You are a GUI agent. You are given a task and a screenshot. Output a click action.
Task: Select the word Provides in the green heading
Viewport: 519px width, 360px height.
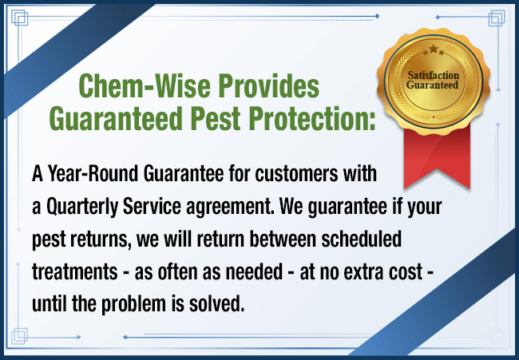(269, 85)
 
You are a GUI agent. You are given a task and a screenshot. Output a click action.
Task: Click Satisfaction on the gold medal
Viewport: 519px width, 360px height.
(434, 76)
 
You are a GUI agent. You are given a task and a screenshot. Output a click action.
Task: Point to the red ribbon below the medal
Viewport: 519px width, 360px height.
(437, 155)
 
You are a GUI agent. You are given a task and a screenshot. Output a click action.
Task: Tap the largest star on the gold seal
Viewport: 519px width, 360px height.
(434, 49)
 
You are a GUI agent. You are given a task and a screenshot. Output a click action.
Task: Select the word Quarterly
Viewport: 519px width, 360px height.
(82, 207)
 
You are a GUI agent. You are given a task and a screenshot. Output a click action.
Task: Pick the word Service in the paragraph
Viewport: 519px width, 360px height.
(152, 207)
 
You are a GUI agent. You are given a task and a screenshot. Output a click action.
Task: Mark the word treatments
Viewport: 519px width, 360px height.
(75, 272)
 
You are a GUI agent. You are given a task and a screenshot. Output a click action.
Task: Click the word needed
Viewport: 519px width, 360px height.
(254, 271)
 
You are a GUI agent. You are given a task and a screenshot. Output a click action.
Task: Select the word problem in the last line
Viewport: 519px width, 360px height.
(133, 304)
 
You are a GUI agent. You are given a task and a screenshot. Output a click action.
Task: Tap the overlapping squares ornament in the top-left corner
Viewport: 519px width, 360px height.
(19, 18)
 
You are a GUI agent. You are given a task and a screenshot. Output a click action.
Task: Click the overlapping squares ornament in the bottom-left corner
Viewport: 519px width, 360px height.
(19, 336)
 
